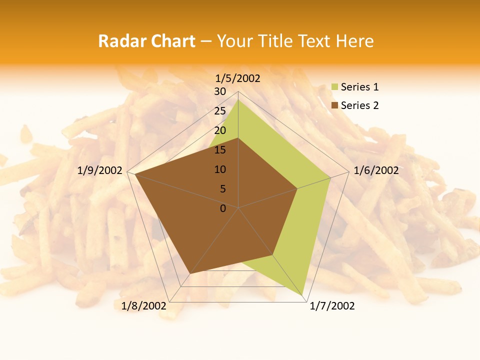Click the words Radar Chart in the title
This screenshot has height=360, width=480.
click(x=146, y=41)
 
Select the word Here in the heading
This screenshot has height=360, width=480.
click(x=355, y=41)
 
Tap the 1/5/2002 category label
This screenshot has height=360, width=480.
click(x=237, y=78)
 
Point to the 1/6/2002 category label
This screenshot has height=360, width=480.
click(x=376, y=170)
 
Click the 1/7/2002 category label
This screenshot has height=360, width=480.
click(x=332, y=306)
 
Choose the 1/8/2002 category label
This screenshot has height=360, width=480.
click(x=143, y=306)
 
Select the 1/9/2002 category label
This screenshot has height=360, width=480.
click(x=100, y=170)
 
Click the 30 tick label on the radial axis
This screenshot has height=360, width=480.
click(x=220, y=91)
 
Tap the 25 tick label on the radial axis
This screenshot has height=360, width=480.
click(x=220, y=111)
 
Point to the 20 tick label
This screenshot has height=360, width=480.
click(x=220, y=130)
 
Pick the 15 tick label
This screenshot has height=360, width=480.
click(x=220, y=150)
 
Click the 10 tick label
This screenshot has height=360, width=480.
click(x=220, y=169)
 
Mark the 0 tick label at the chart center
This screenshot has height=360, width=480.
click(x=223, y=208)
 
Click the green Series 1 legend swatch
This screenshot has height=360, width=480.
click(x=334, y=87)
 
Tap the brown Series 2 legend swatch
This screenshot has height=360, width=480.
click(x=334, y=105)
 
